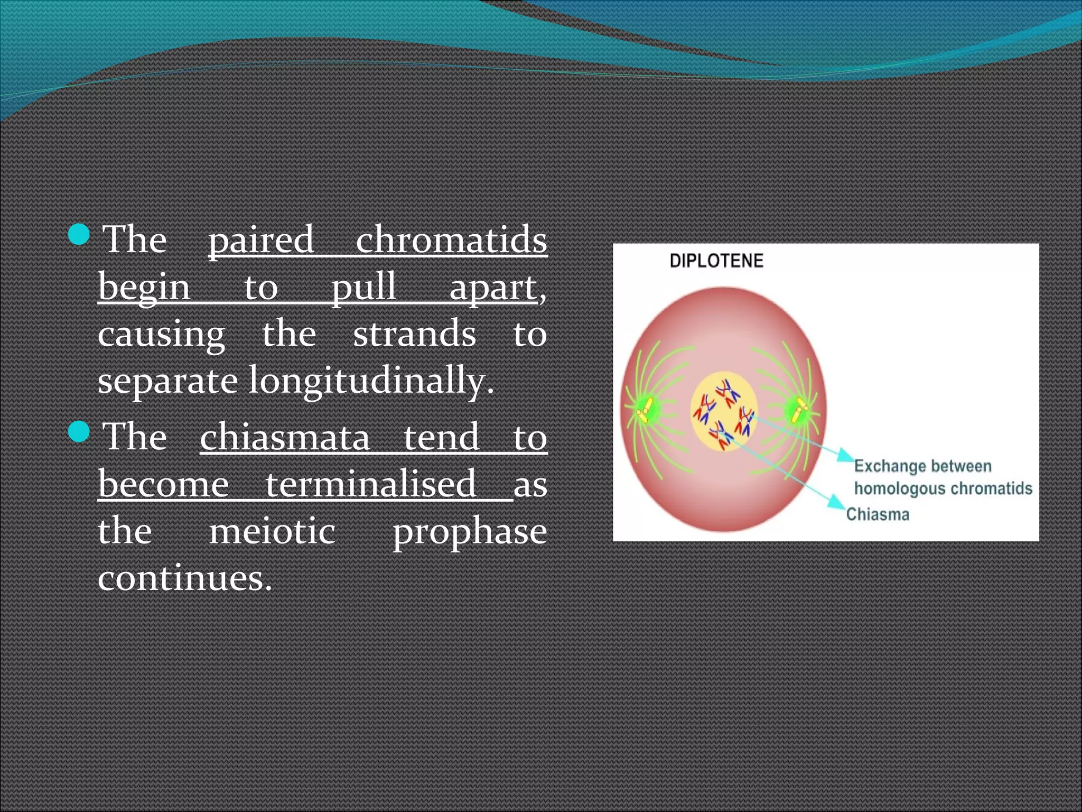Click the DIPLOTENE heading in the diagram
[x=716, y=261]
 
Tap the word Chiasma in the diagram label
[x=878, y=514]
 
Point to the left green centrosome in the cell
[x=646, y=409]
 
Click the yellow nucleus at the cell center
[x=723, y=411]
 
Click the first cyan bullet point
[x=80, y=234]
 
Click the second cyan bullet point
[x=80, y=431]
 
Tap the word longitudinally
[x=371, y=380]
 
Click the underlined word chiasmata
[x=285, y=437]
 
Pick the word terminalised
[x=370, y=484]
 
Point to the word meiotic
[x=272, y=531]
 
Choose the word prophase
[x=469, y=532]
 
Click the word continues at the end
[x=184, y=578]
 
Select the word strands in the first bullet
[x=414, y=334]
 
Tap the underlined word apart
[x=492, y=287]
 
